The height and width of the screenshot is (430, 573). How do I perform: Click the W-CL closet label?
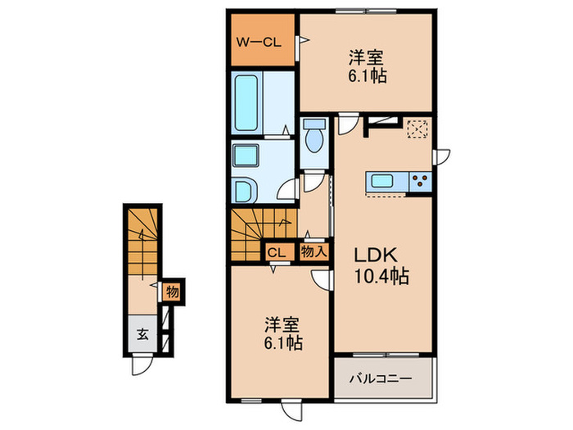pyautogui.click(x=259, y=41)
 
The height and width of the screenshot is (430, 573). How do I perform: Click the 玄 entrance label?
pyautogui.click(x=142, y=334)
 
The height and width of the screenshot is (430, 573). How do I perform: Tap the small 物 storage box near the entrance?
pyautogui.click(x=173, y=291)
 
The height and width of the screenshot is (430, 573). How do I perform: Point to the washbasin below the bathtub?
pyautogui.click(x=246, y=156)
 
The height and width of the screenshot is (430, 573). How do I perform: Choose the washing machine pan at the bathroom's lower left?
pyautogui.click(x=246, y=191)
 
